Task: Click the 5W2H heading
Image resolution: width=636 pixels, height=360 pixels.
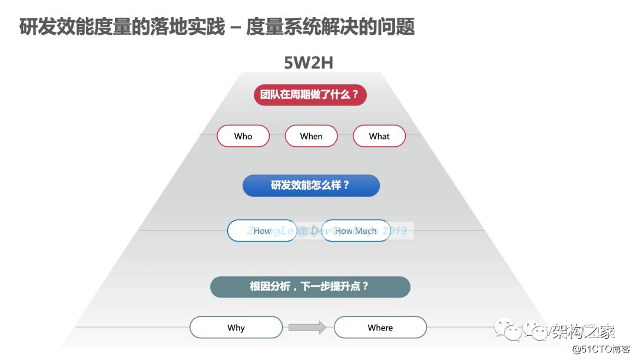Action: coord(309,62)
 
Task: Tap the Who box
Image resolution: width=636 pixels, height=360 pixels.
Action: coord(243,136)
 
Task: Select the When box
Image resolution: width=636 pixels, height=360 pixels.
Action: coord(311,136)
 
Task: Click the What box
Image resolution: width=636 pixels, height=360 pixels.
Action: coord(379,136)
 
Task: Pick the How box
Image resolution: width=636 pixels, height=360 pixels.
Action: coord(261,231)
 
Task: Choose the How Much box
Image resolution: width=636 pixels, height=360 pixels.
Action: coord(356,231)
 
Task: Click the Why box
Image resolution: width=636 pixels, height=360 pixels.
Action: coord(236,328)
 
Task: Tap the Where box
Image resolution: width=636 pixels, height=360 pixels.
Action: coord(380,328)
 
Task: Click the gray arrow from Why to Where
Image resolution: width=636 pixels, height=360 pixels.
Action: coord(307,328)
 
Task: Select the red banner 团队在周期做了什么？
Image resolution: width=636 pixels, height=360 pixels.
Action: coord(310,94)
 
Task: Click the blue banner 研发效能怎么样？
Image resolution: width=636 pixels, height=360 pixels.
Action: coord(311,186)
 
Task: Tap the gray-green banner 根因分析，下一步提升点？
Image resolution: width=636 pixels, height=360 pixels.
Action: coord(310,287)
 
